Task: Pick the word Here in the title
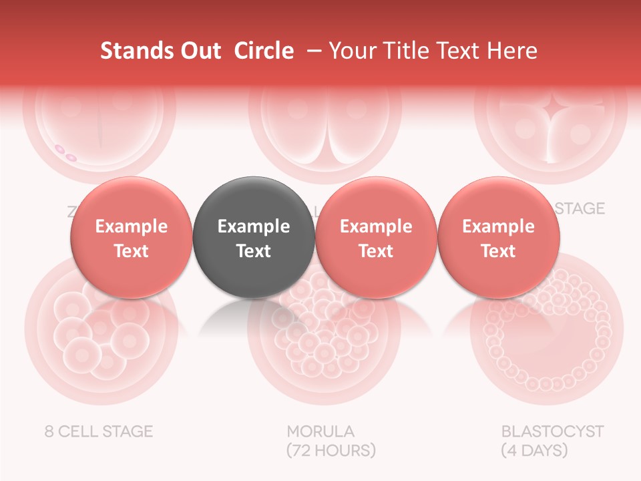point(512,51)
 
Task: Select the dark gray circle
point(254,237)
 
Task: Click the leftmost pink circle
point(131,237)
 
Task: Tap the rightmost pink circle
point(498,237)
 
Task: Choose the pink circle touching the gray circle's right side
point(376,237)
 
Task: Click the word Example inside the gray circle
point(254,226)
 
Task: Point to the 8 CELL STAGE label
point(99,431)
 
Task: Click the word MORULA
point(320,431)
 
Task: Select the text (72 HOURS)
point(331,450)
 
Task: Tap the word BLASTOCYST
point(552,431)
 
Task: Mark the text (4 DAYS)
point(534,450)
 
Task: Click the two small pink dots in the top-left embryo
point(65,153)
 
